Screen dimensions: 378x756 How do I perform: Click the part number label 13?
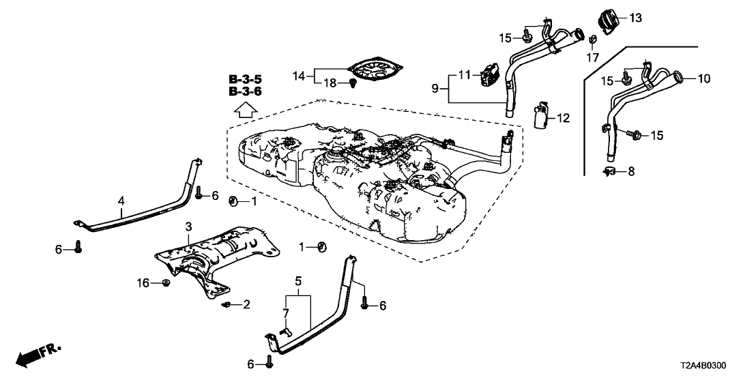(x=635, y=18)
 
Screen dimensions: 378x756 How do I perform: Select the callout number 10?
(x=703, y=79)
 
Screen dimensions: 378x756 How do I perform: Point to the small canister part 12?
(x=541, y=115)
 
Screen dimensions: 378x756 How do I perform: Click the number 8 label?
(x=631, y=172)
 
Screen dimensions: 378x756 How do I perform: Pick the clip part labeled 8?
(x=610, y=171)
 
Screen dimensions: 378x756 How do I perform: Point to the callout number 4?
(x=121, y=201)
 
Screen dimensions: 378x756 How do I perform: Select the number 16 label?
(x=143, y=282)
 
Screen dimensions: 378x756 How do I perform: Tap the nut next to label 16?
(x=166, y=282)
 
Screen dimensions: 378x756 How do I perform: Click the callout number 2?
(x=247, y=305)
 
